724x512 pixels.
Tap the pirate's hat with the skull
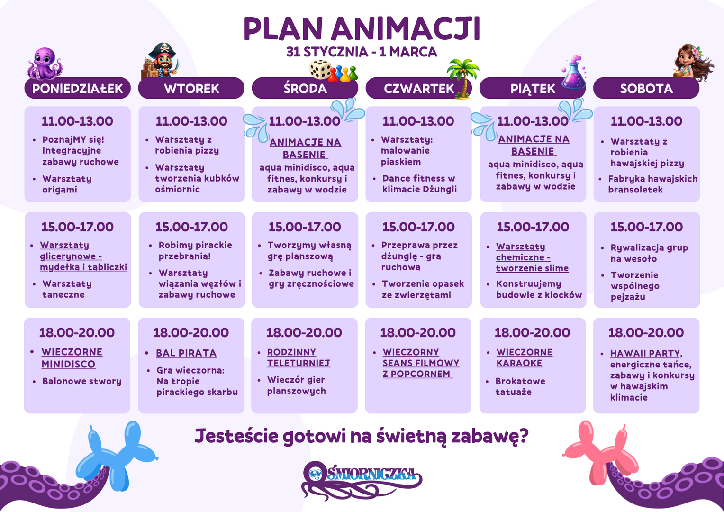(x=162, y=50)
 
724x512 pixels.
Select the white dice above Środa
(x=320, y=69)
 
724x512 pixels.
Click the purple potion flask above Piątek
(x=574, y=73)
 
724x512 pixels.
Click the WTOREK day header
(x=191, y=88)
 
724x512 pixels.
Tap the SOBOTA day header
(x=646, y=88)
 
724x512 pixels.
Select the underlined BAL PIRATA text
(x=186, y=353)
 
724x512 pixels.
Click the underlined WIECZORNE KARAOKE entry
(x=524, y=357)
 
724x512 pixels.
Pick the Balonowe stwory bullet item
(x=82, y=381)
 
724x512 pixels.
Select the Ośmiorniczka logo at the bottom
(x=362, y=479)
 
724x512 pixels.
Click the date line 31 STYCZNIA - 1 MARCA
(x=362, y=52)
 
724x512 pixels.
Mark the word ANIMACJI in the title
(x=405, y=28)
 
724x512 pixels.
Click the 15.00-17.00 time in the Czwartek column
(x=418, y=227)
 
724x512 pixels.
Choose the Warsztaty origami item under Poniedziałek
(x=67, y=184)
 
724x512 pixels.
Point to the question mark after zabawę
(x=524, y=435)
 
